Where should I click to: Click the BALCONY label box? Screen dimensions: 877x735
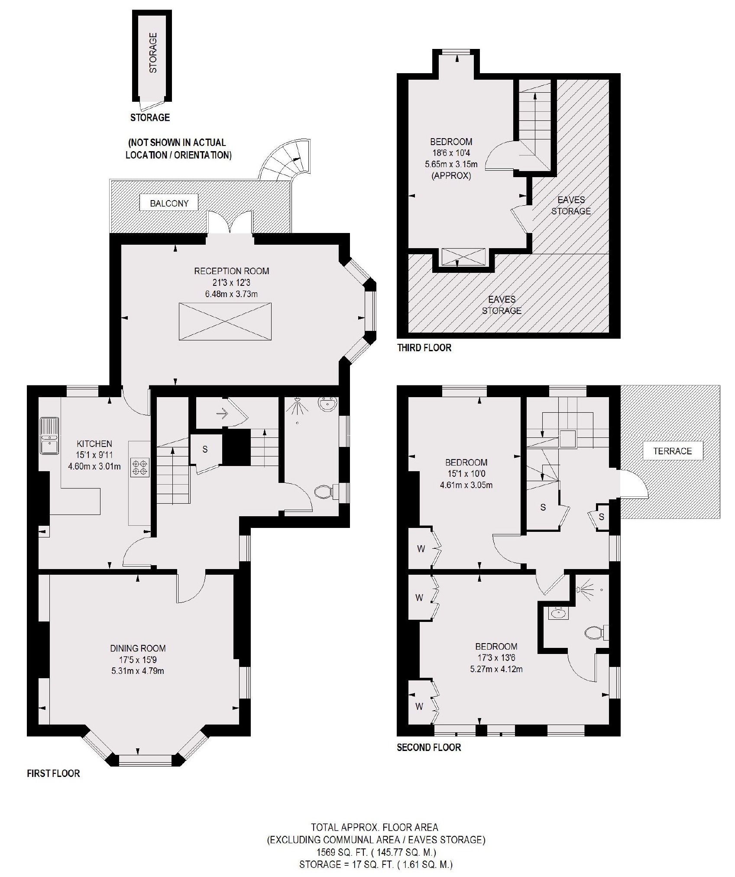169,203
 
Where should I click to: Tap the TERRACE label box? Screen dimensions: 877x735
672,451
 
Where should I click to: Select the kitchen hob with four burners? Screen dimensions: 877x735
139,468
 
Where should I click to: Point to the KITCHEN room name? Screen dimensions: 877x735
94,443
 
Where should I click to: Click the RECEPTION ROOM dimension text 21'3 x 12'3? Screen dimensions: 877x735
231,283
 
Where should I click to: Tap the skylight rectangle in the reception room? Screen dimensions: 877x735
225,321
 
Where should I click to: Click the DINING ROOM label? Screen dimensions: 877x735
138,648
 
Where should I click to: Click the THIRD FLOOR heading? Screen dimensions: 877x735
424,348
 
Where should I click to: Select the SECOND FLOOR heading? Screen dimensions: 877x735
429,748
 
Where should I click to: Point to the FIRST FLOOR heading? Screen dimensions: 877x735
53,773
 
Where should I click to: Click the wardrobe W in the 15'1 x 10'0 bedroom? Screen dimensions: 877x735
421,549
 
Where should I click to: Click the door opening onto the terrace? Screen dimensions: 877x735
633,484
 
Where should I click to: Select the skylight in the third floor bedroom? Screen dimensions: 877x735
463,257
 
